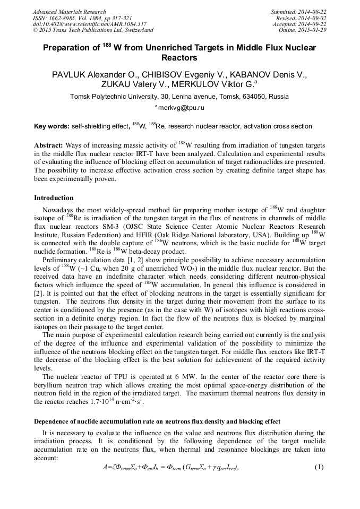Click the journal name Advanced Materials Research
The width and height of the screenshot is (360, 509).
click(x=70, y=12)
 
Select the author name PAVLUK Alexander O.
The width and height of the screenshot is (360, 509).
click(x=91, y=74)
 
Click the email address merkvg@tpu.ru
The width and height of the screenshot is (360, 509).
click(x=181, y=108)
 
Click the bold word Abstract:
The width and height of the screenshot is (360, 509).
click(x=49, y=145)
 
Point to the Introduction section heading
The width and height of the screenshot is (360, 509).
click(x=54, y=198)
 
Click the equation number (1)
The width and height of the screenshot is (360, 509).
click(x=319, y=467)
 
